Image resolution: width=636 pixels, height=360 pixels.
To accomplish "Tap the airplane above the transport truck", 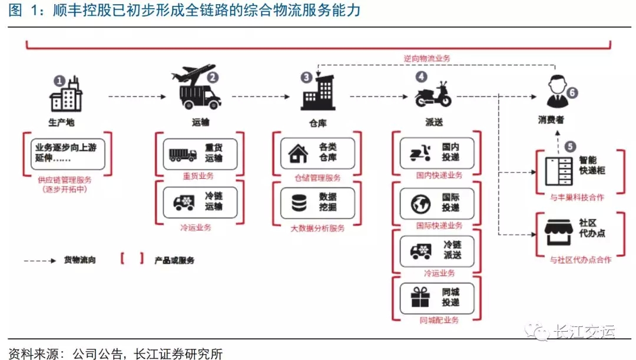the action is click(x=193, y=73).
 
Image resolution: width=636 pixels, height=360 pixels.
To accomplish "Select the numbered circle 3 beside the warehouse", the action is click(x=307, y=77).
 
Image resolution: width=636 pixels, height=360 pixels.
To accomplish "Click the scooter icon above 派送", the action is click(x=433, y=94).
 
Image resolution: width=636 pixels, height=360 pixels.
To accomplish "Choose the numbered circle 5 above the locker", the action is click(x=570, y=147).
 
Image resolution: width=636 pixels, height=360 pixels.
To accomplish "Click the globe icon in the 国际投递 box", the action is click(x=420, y=204).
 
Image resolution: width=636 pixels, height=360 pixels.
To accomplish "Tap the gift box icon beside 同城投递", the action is click(x=420, y=297).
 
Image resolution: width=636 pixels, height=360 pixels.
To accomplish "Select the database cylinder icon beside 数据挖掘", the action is click(x=299, y=203).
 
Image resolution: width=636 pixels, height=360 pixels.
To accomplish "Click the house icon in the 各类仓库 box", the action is click(x=298, y=154).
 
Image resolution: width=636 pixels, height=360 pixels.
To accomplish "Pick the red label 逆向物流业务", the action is click(x=427, y=58).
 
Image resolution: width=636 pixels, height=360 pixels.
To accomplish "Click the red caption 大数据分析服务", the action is click(x=317, y=229).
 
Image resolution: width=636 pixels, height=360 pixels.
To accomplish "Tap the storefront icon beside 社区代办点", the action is click(x=558, y=233).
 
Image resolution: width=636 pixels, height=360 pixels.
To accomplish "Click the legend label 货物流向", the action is click(x=80, y=260).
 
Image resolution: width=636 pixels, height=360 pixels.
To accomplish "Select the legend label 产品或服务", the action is click(x=174, y=260).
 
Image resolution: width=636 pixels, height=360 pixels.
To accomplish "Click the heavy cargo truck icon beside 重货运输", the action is click(x=183, y=154).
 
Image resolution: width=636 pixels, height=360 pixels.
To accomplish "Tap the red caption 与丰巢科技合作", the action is click(x=577, y=197).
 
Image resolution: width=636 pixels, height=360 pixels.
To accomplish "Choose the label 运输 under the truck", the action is click(x=200, y=122).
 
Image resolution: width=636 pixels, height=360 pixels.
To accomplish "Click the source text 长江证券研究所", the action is click(x=178, y=354).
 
